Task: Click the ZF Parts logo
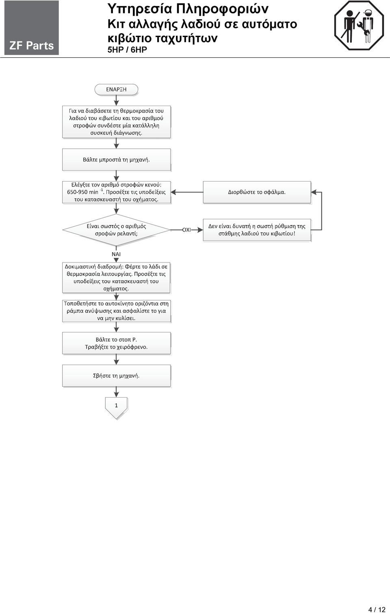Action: (31, 28)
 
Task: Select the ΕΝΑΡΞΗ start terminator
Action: (116, 89)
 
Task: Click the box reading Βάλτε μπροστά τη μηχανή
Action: (116, 160)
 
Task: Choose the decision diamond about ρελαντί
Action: (116, 230)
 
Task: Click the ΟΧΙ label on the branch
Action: (186, 230)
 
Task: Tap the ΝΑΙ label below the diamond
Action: (116, 254)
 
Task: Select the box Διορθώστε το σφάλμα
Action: (257, 192)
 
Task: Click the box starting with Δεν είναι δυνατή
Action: (257, 230)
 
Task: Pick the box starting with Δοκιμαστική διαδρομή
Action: (116, 277)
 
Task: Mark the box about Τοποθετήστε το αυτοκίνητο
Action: (116, 311)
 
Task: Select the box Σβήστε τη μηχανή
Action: (116, 376)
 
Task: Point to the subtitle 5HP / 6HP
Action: (127, 50)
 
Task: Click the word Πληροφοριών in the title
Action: (222, 9)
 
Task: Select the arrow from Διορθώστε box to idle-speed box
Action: (187, 192)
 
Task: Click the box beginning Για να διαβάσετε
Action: (116, 122)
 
